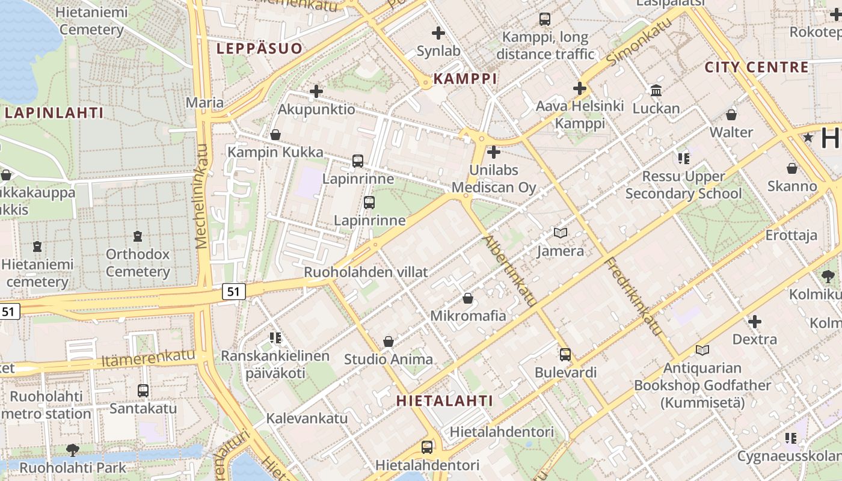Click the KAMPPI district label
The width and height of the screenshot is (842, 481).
(x=465, y=79)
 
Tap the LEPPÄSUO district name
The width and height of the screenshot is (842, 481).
(x=259, y=49)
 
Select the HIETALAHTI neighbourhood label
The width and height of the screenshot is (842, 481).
(x=444, y=401)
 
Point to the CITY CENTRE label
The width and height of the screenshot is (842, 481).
(x=757, y=67)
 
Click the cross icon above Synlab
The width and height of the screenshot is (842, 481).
(x=438, y=33)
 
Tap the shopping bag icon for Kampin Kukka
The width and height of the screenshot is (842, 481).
(x=275, y=135)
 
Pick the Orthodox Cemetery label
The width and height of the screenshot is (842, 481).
(x=138, y=263)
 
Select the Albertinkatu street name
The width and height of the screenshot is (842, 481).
(x=509, y=271)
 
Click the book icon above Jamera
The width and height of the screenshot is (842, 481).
(x=560, y=233)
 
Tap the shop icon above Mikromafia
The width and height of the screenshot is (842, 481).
(x=468, y=298)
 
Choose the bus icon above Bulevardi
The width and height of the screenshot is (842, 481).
(x=565, y=355)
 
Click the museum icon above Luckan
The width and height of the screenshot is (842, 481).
(x=656, y=91)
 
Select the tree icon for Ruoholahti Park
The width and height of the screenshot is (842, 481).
(x=73, y=450)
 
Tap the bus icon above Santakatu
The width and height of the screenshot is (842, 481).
(x=143, y=391)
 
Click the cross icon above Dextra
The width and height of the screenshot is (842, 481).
(x=754, y=322)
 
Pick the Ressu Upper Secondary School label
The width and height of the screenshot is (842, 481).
(x=684, y=185)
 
